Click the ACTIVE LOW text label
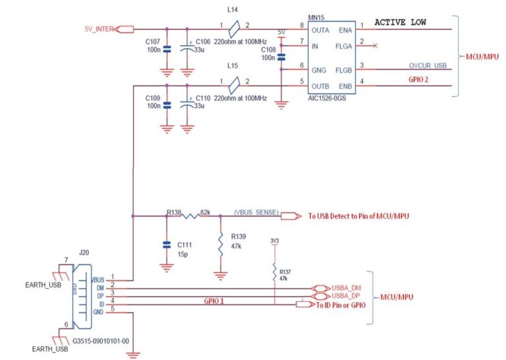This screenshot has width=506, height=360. point(400,22)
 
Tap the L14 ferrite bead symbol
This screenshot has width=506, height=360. point(233,29)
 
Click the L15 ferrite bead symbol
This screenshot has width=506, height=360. point(233,85)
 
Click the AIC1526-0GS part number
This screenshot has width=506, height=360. point(326,98)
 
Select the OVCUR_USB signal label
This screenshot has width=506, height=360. point(428,65)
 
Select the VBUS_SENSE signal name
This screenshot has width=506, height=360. point(256,212)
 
